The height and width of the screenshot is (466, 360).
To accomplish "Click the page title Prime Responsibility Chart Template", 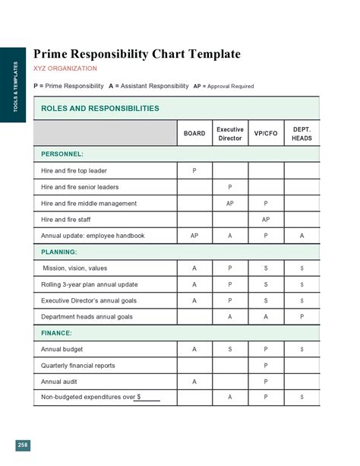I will pyautogui.click(x=137, y=54).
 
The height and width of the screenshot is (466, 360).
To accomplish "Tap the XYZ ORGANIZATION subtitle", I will pyautogui.click(x=65, y=68).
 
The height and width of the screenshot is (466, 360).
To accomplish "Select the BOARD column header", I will pyautogui.click(x=194, y=134).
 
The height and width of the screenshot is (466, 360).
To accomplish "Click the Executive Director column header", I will pyautogui.click(x=230, y=134).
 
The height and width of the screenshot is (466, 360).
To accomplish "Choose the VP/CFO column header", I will pyautogui.click(x=266, y=134).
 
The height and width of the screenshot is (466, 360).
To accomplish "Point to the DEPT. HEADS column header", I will pyautogui.click(x=302, y=134).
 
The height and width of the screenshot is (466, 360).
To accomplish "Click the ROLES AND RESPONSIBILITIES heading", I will pyautogui.click(x=99, y=109).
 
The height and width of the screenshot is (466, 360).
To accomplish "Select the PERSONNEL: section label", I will pyautogui.click(x=62, y=154).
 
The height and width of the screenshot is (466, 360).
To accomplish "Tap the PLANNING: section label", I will pyautogui.click(x=59, y=252).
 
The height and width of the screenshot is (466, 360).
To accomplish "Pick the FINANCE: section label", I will pyautogui.click(x=57, y=333).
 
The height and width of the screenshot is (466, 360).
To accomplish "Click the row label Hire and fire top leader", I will pyautogui.click(x=74, y=170).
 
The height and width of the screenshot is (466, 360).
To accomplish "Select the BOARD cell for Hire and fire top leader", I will pyautogui.click(x=194, y=170).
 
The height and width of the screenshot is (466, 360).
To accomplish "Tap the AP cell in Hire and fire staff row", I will pyautogui.click(x=266, y=220).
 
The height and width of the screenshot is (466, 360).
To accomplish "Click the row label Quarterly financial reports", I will pyautogui.click(x=78, y=366).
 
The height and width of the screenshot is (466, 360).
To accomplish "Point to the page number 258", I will pyautogui.click(x=23, y=445).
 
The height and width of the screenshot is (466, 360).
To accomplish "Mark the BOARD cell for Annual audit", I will pyautogui.click(x=194, y=382).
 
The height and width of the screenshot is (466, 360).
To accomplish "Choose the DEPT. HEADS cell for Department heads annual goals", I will pyautogui.click(x=302, y=317).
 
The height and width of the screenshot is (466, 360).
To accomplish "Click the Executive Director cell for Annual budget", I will pyautogui.click(x=230, y=350).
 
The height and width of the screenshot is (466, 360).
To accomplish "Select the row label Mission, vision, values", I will pyautogui.click(x=75, y=268).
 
